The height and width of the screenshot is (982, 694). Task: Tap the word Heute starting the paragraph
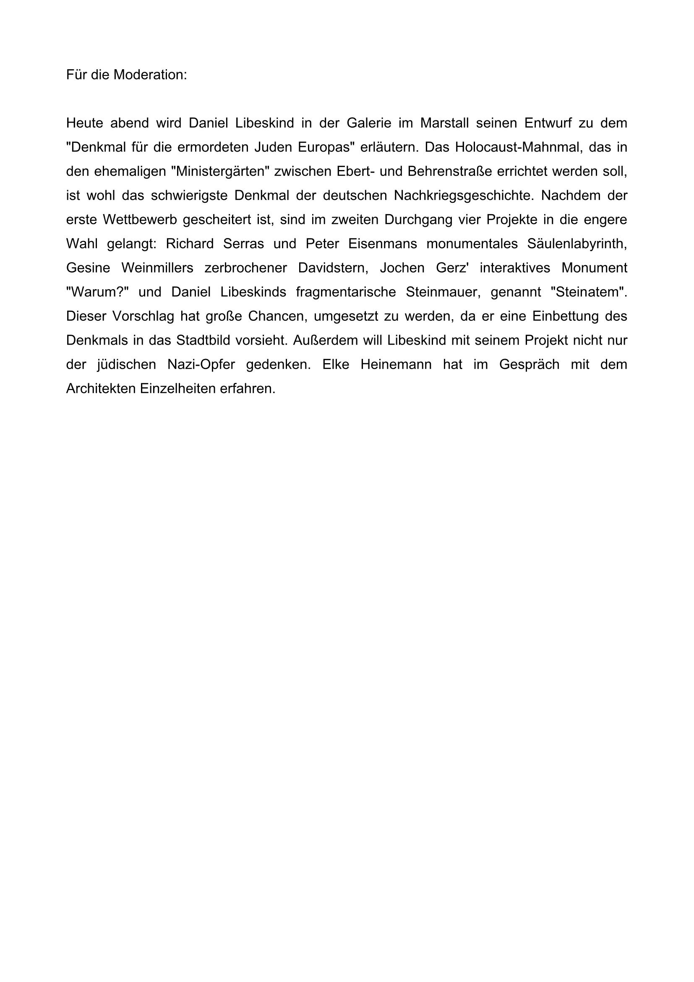click(x=84, y=123)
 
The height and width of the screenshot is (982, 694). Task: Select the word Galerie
click(x=369, y=123)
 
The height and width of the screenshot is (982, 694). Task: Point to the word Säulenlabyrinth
click(x=577, y=244)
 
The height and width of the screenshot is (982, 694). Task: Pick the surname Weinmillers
click(x=157, y=268)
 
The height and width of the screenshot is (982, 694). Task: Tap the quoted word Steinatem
click(x=589, y=292)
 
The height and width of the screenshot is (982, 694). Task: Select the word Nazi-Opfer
click(x=201, y=365)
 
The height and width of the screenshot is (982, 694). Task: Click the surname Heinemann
click(x=396, y=365)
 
